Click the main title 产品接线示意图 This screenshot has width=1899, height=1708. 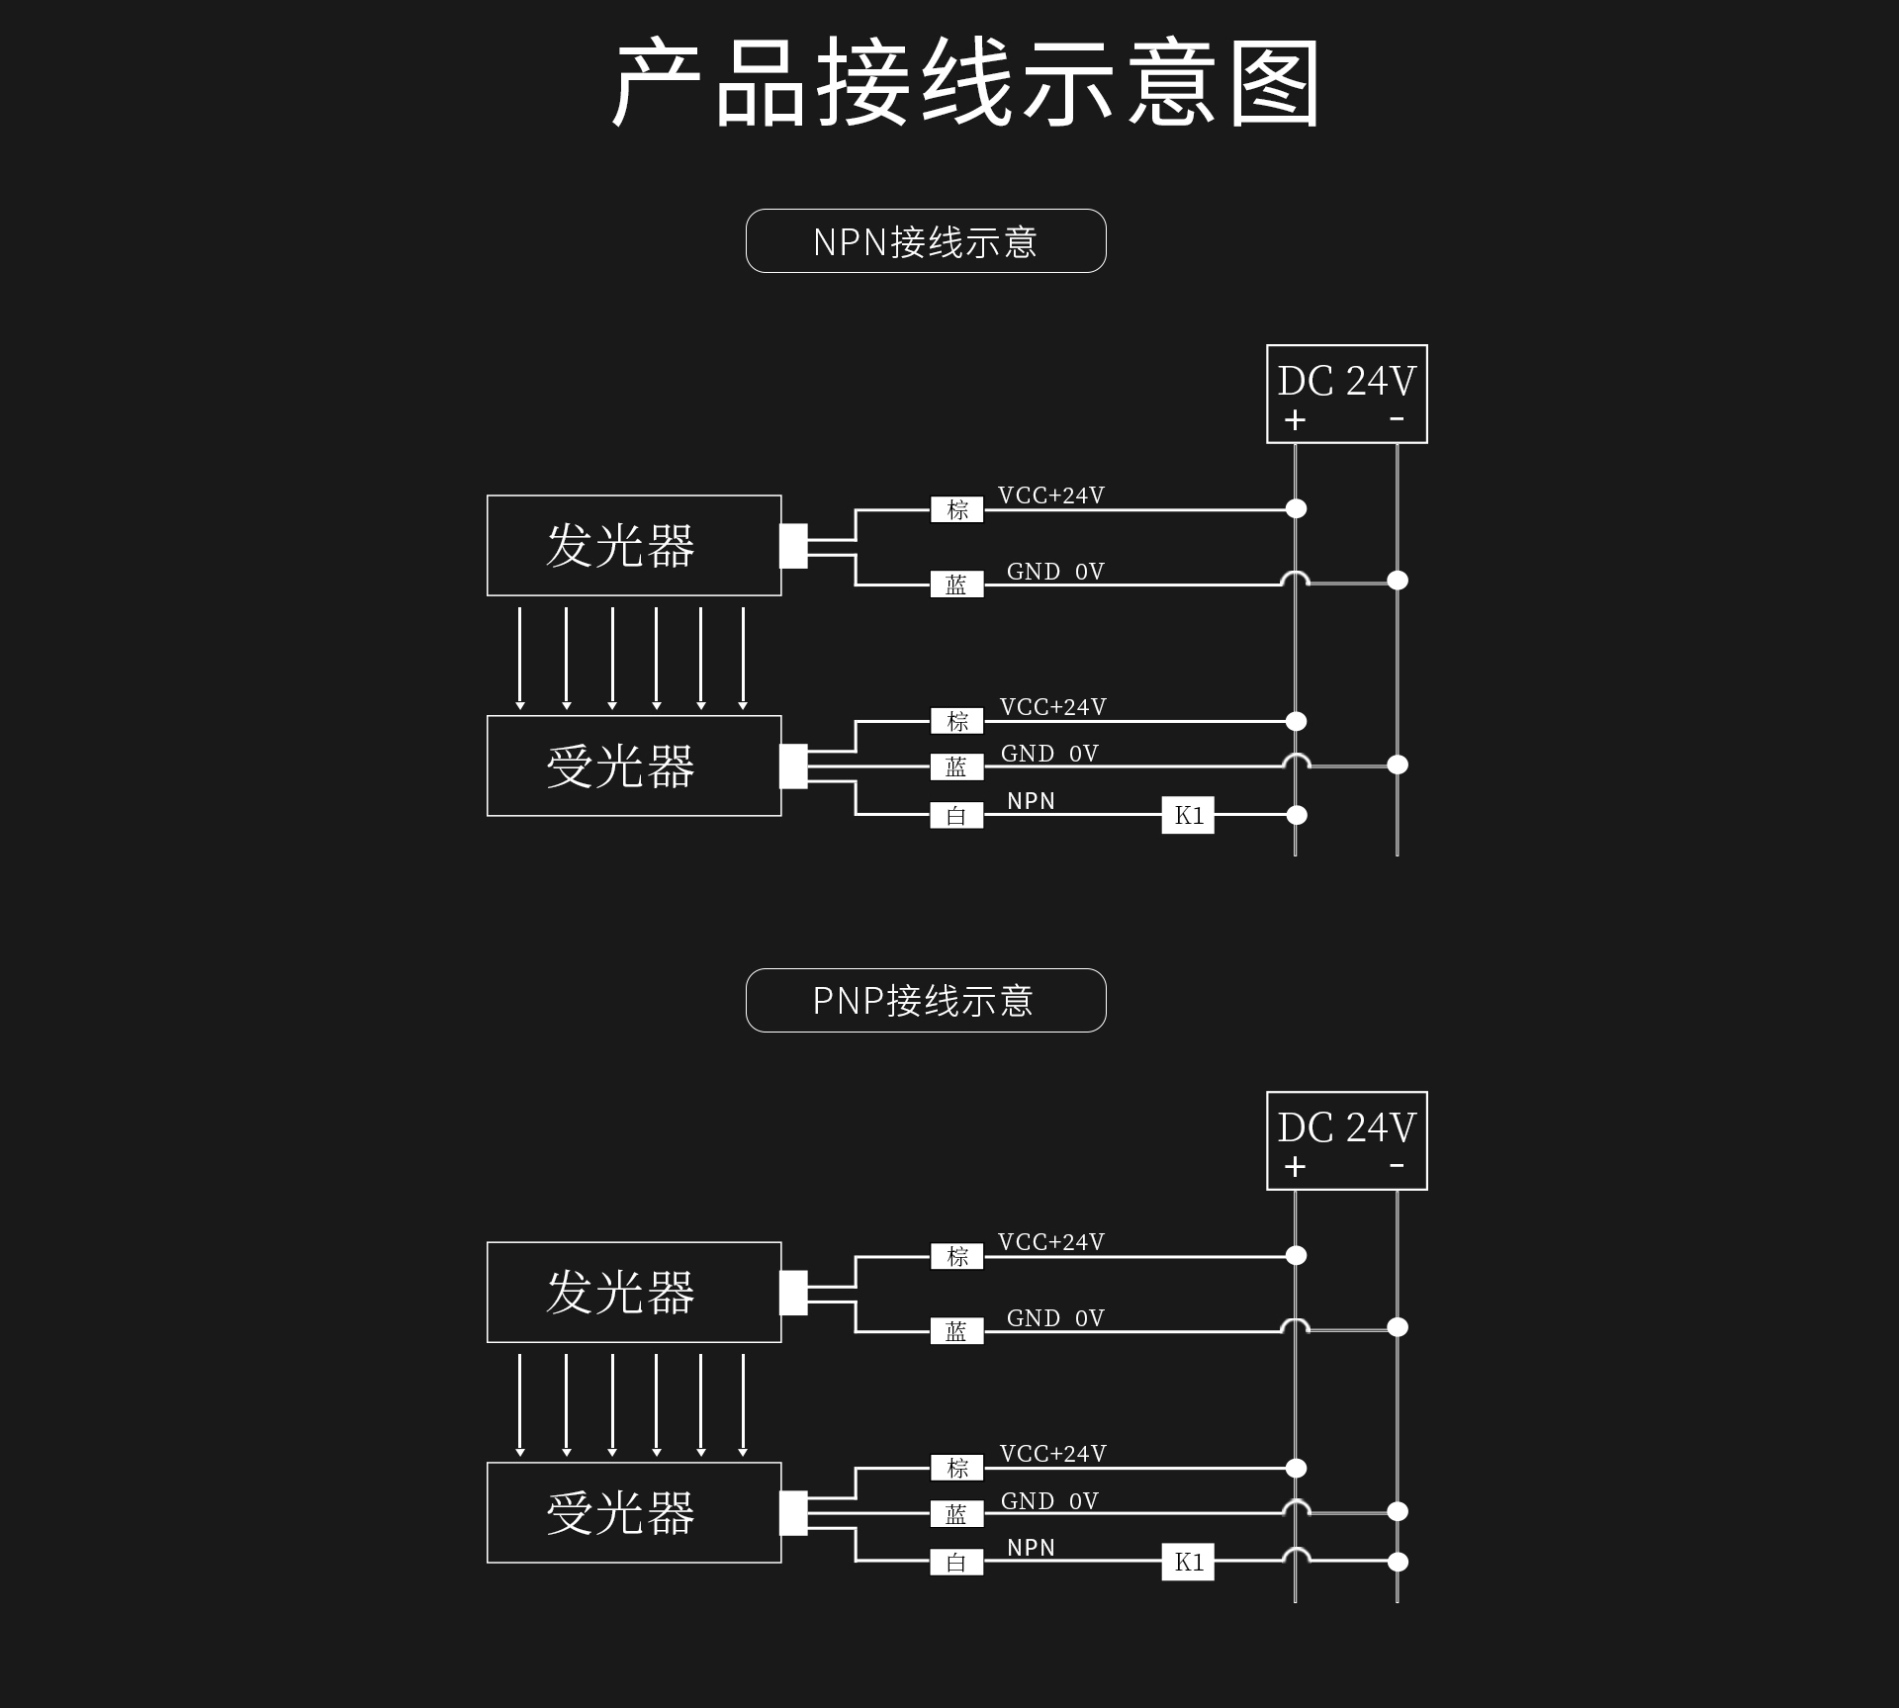pos(964,83)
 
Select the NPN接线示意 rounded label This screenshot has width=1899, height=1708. pos(925,241)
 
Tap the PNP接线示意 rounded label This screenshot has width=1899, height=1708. pos(925,1001)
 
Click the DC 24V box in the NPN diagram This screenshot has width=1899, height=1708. pos(1346,394)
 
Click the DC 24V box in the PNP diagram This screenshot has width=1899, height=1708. pos(1346,1140)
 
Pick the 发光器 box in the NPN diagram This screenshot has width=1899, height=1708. pos(634,545)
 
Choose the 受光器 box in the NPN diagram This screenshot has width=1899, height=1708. pos(634,765)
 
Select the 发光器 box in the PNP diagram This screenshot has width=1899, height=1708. pos(634,1292)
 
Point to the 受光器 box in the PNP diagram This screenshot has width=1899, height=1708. pos(634,1512)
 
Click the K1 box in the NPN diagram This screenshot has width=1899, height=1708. pos(1188,815)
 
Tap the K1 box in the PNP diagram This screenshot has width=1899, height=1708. pos(1188,1562)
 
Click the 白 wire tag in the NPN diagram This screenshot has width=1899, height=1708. pos(956,816)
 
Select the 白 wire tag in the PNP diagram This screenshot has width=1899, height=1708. pos(956,1563)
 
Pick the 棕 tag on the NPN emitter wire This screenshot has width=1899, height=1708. pos(956,509)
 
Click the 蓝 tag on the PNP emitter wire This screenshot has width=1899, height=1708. pos(956,1331)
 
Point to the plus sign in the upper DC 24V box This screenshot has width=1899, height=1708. pos(1295,420)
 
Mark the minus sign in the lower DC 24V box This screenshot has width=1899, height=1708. pos(1397,1166)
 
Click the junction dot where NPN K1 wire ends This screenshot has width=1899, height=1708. pos(1297,815)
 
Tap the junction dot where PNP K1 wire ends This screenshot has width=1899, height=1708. pos(1398,1562)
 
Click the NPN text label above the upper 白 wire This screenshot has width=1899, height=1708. pos(1031,800)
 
